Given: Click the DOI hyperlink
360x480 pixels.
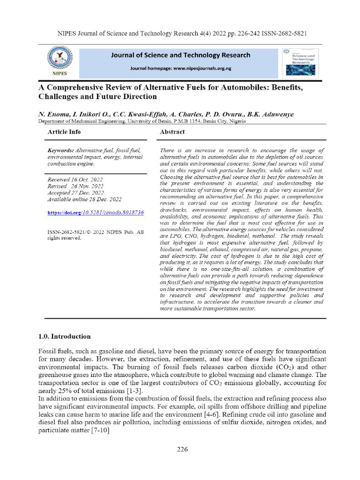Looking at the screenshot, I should click(x=96, y=212).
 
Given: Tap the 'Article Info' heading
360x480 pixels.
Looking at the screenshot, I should click(x=64, y=132).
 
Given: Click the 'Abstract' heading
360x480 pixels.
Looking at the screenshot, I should click(x=172, y=132).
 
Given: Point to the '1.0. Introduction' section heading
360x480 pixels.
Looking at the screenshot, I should click(x=64, y=336).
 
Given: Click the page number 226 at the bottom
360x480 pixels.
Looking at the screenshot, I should click(x=182, y=450).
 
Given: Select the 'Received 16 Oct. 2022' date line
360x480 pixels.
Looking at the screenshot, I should click(x=75, y=180).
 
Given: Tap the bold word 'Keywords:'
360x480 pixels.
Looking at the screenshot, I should click(x=61, y=150).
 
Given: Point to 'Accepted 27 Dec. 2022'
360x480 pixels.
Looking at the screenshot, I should click(x=76, y=193).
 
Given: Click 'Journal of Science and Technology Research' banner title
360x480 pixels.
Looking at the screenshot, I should click(x=180, y=55).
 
